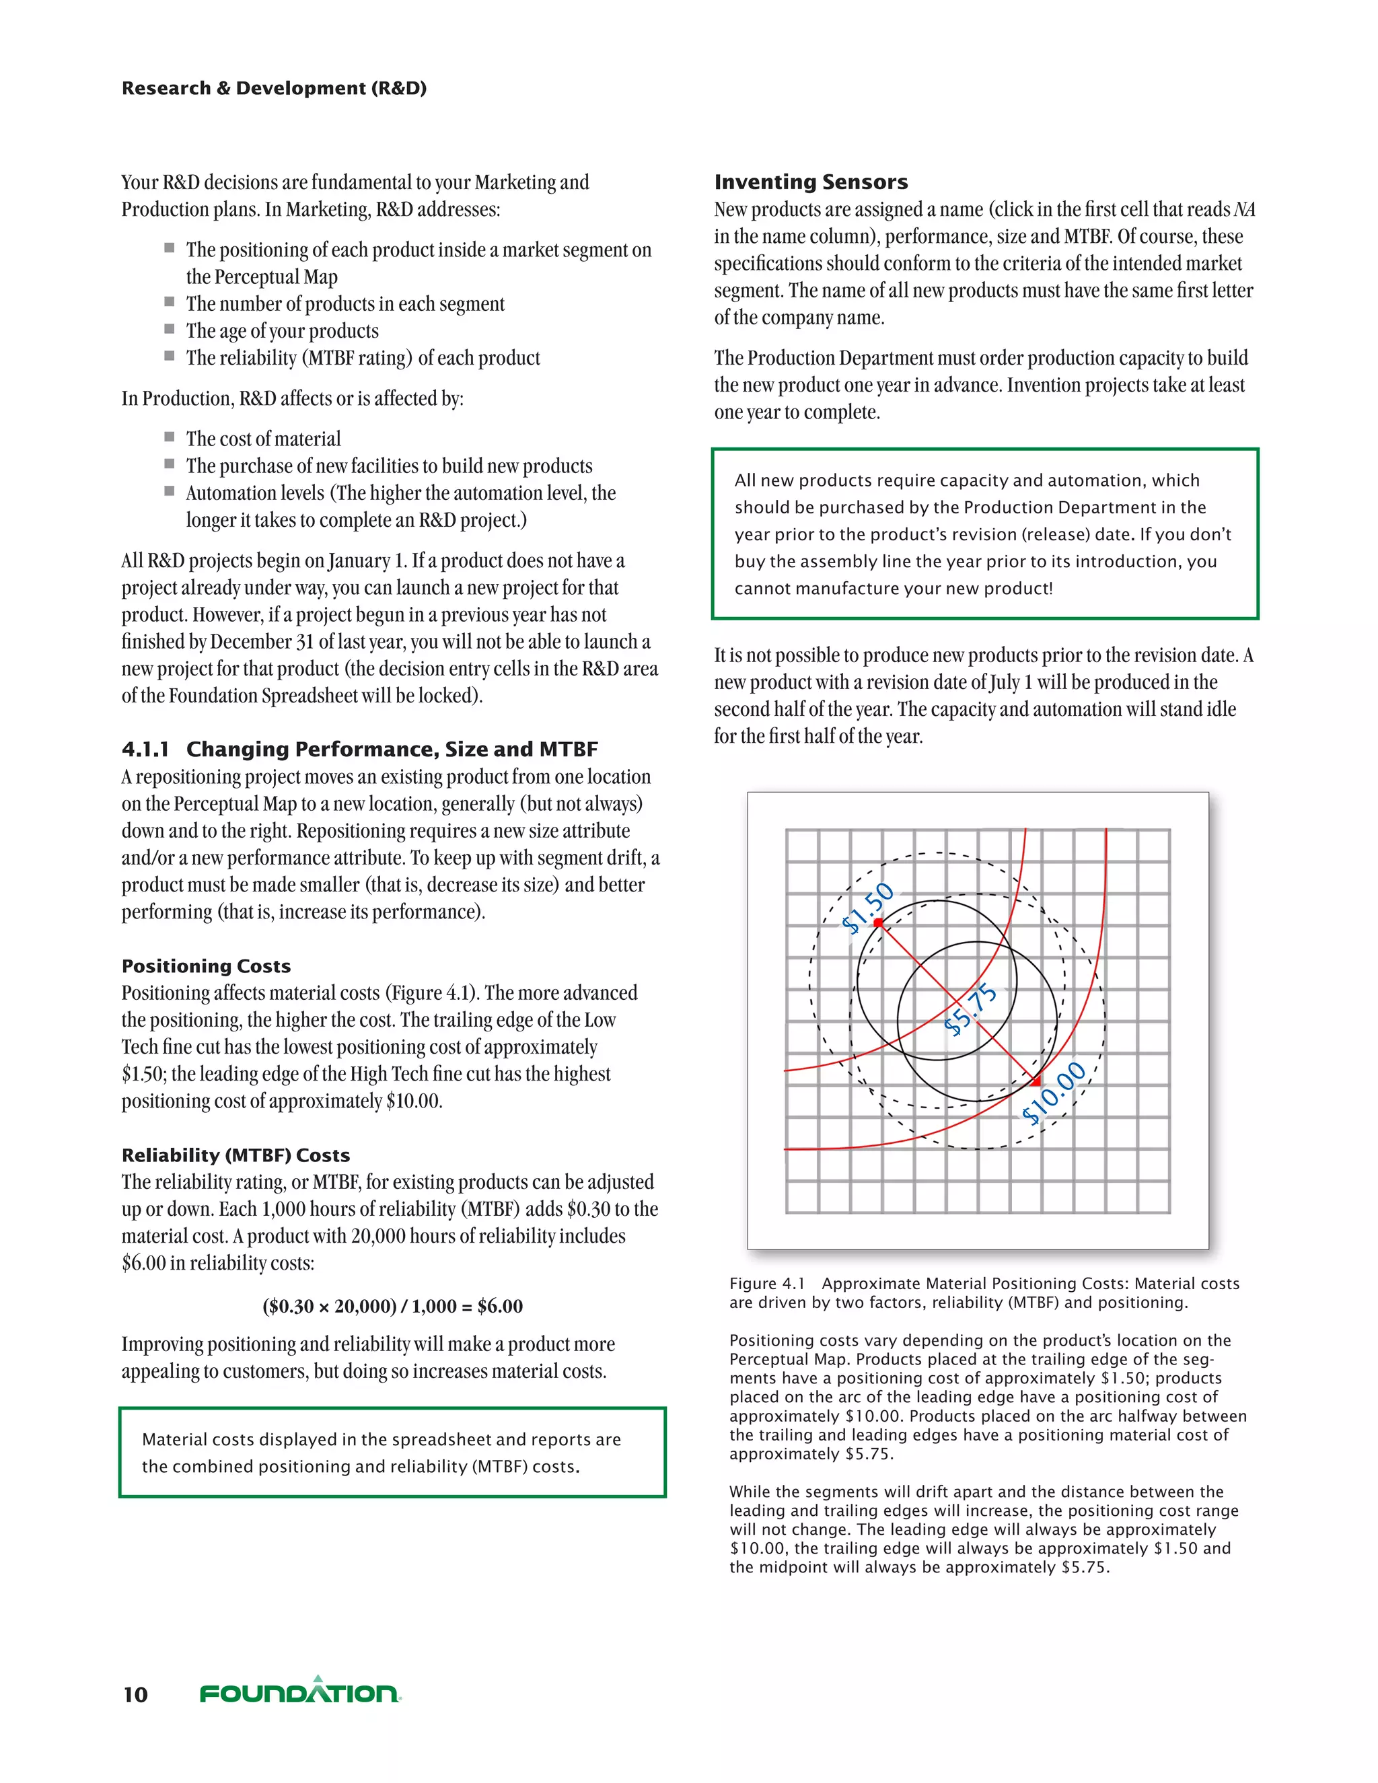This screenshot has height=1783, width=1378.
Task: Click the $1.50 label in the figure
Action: point(868,907)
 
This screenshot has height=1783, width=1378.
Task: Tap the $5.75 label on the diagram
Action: point(971,1009)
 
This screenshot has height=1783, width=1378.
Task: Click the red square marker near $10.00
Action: point(1036,1082)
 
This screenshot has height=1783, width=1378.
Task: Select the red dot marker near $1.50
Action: point(878,922)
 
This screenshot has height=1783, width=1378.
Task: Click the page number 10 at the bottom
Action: point(135,1694)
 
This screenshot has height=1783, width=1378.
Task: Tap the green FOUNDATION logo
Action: point(300,1691)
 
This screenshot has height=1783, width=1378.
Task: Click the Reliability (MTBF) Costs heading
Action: point(235,1155)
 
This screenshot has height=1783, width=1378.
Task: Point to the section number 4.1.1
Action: point(145,749)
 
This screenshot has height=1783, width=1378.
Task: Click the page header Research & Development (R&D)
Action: point(273,88)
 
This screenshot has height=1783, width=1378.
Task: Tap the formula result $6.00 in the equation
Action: point(500,1306)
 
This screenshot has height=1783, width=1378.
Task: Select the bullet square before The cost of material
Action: point(170,437)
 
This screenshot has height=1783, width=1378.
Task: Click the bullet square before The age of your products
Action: point(170,329)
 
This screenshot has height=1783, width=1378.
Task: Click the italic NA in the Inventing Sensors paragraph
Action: point(1244,210)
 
